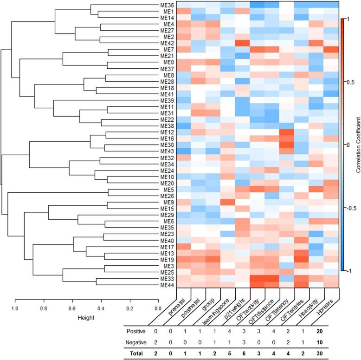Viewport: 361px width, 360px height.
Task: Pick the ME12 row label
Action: click(168, 132)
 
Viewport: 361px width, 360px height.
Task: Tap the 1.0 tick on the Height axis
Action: click(15, 307)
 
